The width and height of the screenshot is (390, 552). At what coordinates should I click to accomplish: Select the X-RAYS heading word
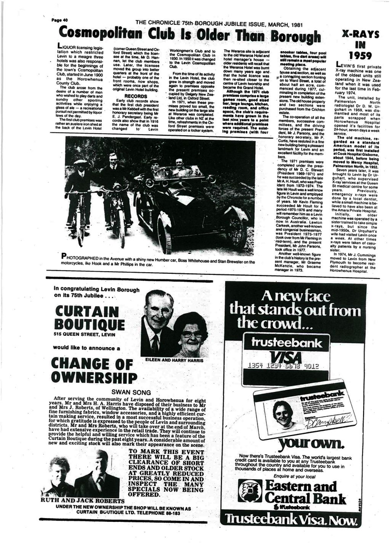click(x=360, y=35)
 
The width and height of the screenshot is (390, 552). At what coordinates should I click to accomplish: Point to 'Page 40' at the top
click(x=59, y=20)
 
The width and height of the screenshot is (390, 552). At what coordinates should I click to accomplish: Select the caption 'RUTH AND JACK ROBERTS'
click(x=82, y=500)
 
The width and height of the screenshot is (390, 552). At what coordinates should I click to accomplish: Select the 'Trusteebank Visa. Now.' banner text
click(x=291, y=519)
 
